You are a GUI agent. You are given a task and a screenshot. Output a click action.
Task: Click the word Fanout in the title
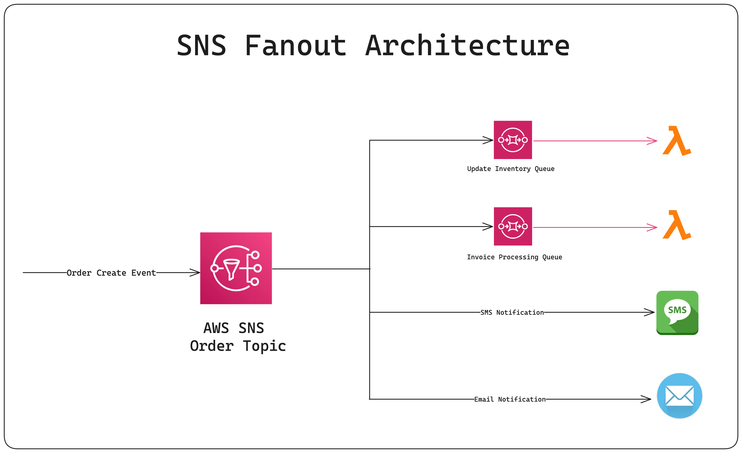tap(295, 46)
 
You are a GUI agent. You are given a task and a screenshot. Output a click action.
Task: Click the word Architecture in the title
tap(467, 46)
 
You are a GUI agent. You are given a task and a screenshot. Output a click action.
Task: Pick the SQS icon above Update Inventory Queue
tap(513, 140)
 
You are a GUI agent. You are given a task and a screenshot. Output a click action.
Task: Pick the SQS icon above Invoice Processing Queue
tap(513, 226)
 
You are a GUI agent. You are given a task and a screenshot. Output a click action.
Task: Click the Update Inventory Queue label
tap(510, 169)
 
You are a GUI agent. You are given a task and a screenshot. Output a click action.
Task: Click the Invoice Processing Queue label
tap(514, 257)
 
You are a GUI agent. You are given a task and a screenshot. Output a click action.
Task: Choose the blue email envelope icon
tap(679, 396)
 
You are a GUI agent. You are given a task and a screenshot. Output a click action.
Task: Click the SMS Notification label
tap(512, 312)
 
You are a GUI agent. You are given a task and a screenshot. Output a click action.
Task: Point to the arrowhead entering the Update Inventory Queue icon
tap(489, 140)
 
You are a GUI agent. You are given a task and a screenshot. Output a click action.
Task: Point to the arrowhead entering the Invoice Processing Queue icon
tap(489, 226)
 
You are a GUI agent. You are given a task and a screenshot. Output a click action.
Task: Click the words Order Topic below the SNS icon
tap(238, 346)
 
